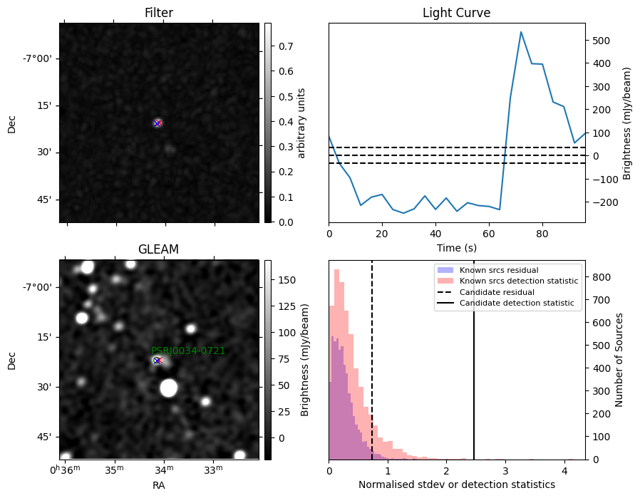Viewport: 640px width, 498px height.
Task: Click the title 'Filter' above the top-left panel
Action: [159, 13]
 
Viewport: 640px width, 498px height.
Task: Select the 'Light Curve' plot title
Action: [456, 13]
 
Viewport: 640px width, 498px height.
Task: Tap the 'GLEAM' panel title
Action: [158, 249]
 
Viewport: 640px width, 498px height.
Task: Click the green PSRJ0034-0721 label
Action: [188, 351]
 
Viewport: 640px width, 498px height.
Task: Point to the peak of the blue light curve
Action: [521, 32]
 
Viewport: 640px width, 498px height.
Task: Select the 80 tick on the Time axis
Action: [542, 234]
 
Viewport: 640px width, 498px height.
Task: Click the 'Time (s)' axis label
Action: [457, 248]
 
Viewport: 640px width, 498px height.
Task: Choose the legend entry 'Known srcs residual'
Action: [499, 270]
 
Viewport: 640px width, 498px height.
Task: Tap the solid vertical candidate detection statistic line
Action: [474, 360]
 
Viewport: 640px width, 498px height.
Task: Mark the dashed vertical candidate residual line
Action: [372, 360]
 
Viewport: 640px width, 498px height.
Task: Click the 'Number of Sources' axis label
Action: [619, 360]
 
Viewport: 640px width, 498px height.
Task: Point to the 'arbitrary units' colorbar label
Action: [301, 123]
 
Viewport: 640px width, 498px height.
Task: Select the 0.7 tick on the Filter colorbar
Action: [286, 46]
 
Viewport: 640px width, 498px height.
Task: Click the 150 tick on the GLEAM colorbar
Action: [287, 280]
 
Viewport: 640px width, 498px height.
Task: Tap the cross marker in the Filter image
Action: [158, 123]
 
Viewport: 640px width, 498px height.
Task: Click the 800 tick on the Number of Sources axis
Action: [601, 277]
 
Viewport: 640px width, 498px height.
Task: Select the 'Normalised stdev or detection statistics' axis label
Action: [457, 484]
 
